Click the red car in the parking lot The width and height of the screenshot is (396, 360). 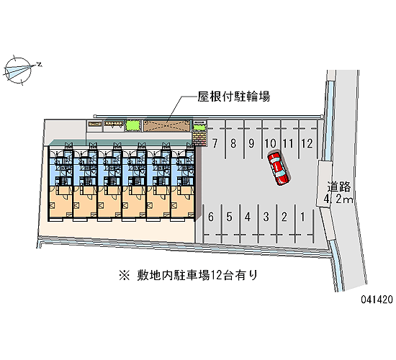279,168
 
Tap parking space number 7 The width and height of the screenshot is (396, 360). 215,143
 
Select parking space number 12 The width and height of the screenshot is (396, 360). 307,143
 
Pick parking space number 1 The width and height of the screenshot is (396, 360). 302,217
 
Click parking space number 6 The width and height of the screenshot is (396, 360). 211,217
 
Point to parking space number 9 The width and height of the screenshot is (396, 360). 251,143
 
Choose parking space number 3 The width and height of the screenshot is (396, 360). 266,217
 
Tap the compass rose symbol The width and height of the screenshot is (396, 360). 18,71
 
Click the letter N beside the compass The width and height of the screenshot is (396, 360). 39,65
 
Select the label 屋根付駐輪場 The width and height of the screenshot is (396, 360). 233,96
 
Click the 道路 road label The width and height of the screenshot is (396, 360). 339,187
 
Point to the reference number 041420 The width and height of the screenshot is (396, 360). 377,300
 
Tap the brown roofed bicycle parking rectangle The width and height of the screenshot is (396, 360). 167,126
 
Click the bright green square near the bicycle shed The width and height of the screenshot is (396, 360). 133,125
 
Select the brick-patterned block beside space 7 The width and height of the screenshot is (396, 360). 199,138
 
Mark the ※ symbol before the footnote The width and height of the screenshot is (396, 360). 125,275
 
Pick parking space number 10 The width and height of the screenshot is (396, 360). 270,143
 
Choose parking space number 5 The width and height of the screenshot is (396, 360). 229,217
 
